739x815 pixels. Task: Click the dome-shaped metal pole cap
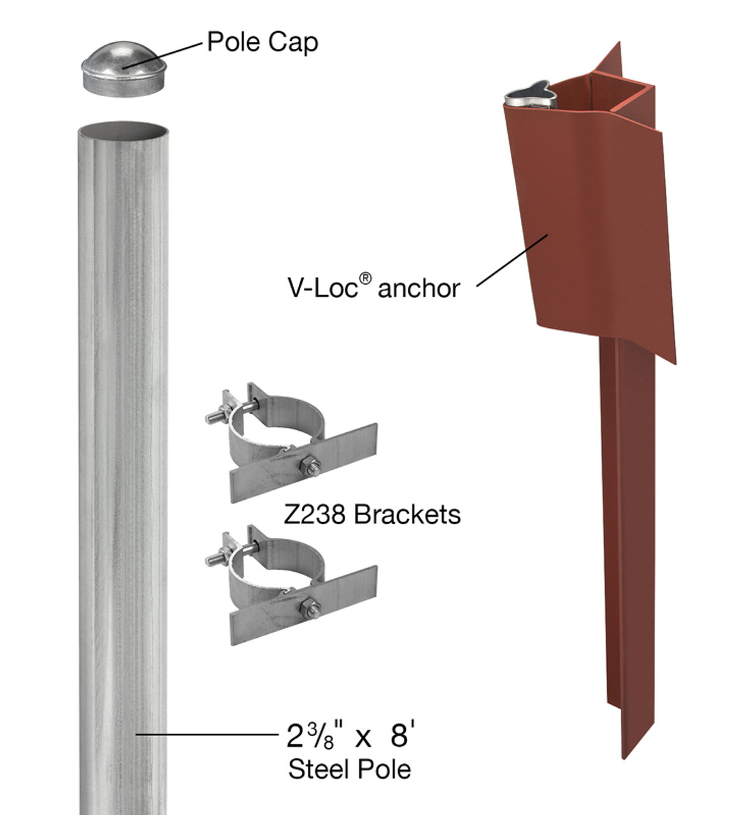pos(124,69)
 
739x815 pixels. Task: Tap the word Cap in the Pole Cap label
pos(292,43)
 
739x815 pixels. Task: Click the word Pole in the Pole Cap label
pos(233,42)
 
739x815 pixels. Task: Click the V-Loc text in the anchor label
pos(322,288)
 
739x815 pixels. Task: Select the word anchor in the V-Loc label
pos(419,288)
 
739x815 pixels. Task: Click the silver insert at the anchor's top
pos(531,96)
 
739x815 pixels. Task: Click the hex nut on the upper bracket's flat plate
pos(310,465)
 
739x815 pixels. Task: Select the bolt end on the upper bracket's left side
pos(213,418)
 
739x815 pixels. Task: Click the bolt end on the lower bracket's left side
pos(213,560)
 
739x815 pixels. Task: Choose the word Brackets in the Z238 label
pos(407,514)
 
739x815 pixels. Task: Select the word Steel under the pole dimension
pos(317,769)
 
